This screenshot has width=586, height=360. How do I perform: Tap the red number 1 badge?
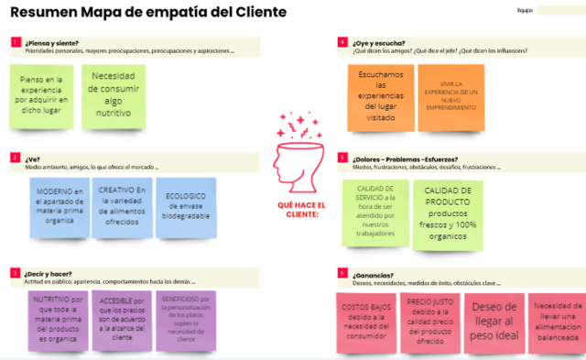15,42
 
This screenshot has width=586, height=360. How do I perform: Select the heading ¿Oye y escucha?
379,42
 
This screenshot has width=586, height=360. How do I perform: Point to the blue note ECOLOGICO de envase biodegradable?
186,206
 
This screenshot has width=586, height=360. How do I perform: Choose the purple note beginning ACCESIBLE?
122,320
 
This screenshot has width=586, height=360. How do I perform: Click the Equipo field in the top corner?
559,10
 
